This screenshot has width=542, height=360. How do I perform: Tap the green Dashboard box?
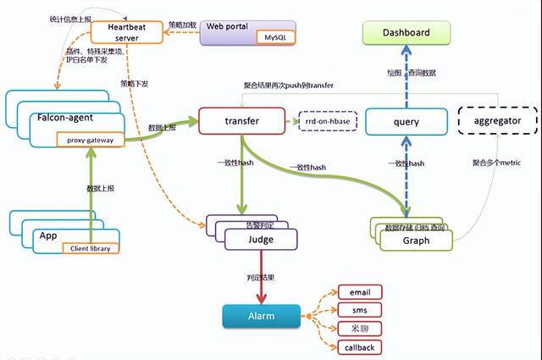pos(406,33)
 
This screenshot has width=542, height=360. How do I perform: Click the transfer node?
pos(241,121)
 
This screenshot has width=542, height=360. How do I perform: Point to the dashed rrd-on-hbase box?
pos(327,121)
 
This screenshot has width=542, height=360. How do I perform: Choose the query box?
pos(406,122)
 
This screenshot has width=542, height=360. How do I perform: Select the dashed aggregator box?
pos(498,121)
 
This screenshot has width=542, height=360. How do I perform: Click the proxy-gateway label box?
pos(91,140)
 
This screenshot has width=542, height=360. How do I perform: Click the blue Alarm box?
pos(261,316)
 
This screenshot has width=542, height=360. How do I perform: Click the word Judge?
pos(261,240)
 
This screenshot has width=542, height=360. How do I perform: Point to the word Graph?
pos(416,241)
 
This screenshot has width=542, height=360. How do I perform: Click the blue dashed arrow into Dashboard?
pos(406,76)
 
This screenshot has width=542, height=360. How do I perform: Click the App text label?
pos(48,235)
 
